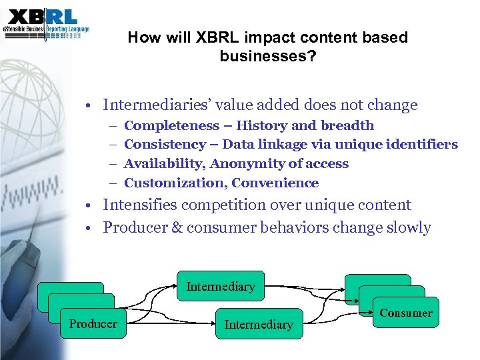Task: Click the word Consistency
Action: (x=165, y=145)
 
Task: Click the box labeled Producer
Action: (x=93, y=324)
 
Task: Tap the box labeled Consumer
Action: (x=405, y=313)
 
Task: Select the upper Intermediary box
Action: (x=220, y=287)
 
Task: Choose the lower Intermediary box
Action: (x=259, y=324)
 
